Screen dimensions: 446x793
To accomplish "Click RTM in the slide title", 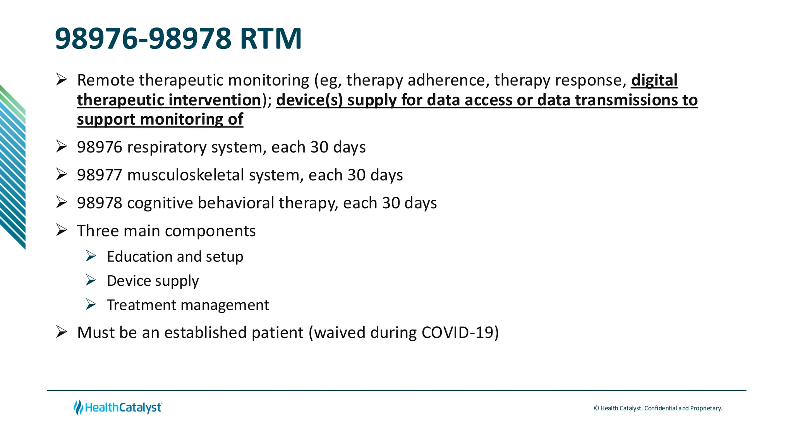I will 270,39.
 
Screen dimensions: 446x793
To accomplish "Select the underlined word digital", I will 654,81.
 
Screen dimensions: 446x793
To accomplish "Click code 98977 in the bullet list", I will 100,175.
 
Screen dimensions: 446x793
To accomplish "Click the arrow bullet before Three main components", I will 62,230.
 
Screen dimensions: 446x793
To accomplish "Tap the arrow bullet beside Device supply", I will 91,280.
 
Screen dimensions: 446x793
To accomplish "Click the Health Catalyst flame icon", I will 78,408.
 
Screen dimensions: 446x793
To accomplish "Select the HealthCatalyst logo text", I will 123,408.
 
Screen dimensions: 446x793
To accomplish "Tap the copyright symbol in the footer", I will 596,408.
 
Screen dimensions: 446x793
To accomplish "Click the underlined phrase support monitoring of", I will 160,120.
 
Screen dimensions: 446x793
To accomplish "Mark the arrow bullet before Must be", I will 62,332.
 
